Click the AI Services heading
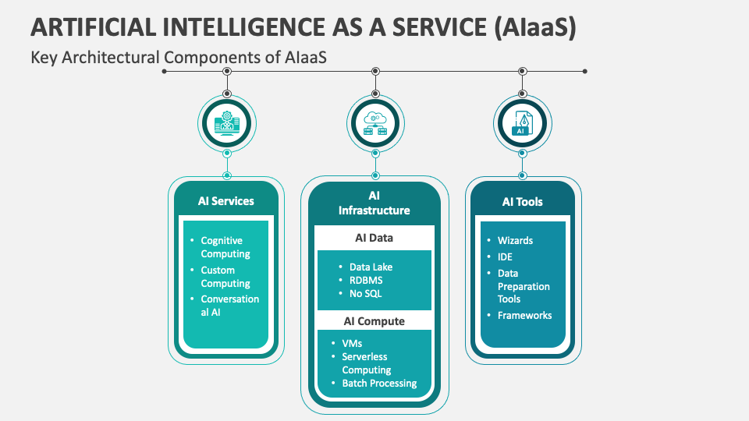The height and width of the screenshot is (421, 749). click(225, 201)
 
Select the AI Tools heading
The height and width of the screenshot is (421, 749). click(522, 202)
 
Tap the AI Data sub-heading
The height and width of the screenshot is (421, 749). click(374, 238)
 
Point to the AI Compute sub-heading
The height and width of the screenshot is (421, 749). click(374, 321)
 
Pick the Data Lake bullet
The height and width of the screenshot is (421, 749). click(371, 267)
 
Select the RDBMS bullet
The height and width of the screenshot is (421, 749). click(366, 280)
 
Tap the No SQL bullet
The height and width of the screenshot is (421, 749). click(366, 294)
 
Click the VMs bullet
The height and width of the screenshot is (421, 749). click(352, 343)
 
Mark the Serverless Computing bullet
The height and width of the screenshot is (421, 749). click(367, 363)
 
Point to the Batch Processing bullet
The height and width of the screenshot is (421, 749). click(379, 384)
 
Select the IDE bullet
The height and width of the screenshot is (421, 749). click(505, 256)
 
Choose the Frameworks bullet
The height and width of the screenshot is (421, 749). click(524, 315)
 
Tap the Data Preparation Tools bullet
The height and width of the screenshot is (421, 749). click(524, 286)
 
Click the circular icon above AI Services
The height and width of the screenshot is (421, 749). click(227, 122)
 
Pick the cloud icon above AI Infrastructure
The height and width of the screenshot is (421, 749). click(375, 122)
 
